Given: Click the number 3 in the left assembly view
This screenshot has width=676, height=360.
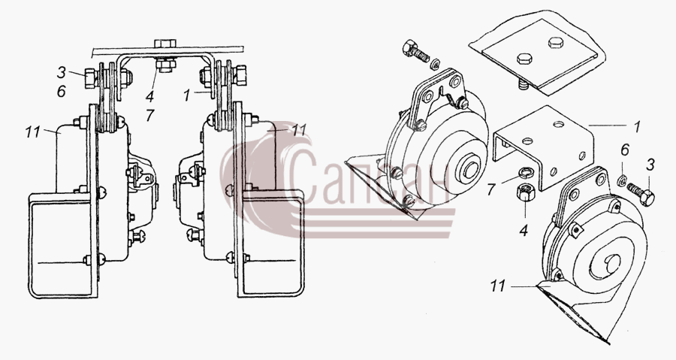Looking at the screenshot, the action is [x=62, y=72].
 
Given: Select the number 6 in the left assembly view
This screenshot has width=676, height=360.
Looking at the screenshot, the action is [x=62, y=91].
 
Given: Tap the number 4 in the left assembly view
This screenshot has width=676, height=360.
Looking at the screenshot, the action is [x=149, y=96].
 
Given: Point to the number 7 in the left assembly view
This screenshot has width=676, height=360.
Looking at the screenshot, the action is [x=149, y=115].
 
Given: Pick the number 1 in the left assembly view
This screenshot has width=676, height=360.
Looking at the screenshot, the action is [x=186, y=95].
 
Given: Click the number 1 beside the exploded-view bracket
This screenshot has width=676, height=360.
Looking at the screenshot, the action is [x=636, y=126].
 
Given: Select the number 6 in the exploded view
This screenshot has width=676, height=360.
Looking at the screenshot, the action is [x=625, y=150].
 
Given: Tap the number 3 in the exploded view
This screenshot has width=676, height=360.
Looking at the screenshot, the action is [x=650, y=165].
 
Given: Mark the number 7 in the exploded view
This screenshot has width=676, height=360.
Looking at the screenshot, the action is [x=490, y=189].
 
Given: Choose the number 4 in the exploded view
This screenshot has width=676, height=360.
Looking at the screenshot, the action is [x=524, y=230].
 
